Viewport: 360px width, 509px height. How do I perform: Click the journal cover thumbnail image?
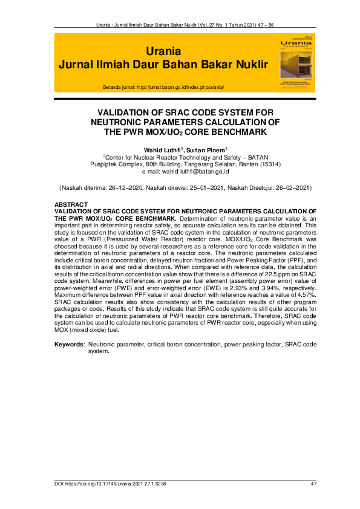pyautogui.click(x=296, y=61)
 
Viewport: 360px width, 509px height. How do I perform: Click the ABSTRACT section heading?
pyautogui.click(x=71, y=204)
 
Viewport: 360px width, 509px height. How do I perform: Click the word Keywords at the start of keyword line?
pyautogui.click(x=69, y=344)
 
